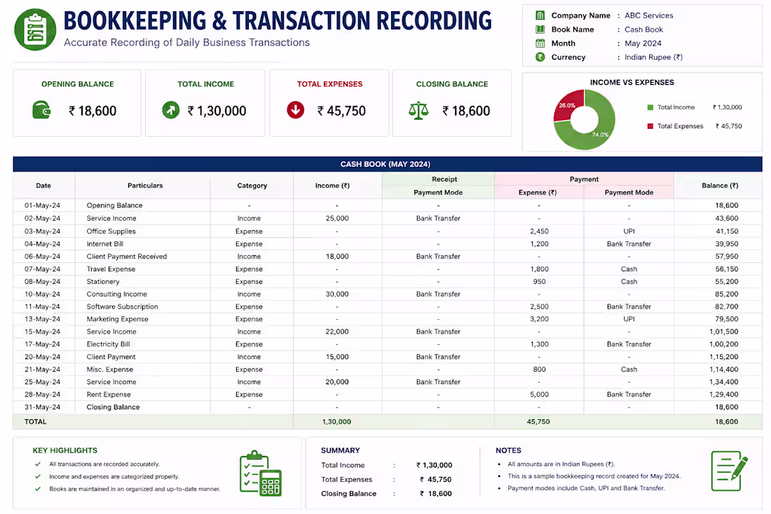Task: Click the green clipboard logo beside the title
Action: coord(35,29)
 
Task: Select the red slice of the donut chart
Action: coord(566,105)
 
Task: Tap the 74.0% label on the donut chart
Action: coord(600,134)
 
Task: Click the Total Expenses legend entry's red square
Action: coord(650,126)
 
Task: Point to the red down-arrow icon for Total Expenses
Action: coord(296,110)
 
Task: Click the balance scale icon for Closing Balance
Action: coord(418,111)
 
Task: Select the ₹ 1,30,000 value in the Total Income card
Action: coord(217,111)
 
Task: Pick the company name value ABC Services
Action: coord(648,15)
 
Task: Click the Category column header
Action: coord(252,185)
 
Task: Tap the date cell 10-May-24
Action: coord(42,294)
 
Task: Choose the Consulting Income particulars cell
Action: coord(116,294)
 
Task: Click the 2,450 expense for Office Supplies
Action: coord(539,231)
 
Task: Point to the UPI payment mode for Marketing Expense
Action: coord(629,319)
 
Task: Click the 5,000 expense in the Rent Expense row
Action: coord(539,395)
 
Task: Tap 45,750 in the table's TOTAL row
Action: coord(538,421)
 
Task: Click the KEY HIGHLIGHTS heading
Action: coord(65,450)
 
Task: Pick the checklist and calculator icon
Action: coord(261,473)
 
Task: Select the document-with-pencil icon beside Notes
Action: coord(730,471)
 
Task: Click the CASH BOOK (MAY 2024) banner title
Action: coord(385,164)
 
